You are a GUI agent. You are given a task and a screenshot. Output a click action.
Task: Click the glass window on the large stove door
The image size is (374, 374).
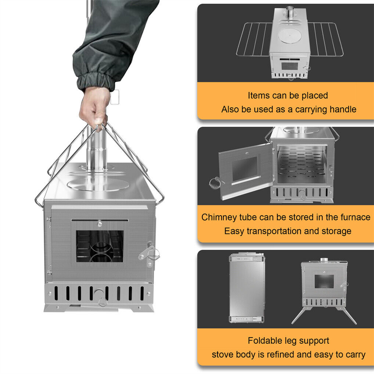(x=100, y=246)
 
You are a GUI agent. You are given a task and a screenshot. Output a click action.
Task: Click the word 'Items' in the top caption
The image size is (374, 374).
(x=259, y=96)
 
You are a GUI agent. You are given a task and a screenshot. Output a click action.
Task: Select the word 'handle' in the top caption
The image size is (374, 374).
(x=342, y=109)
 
